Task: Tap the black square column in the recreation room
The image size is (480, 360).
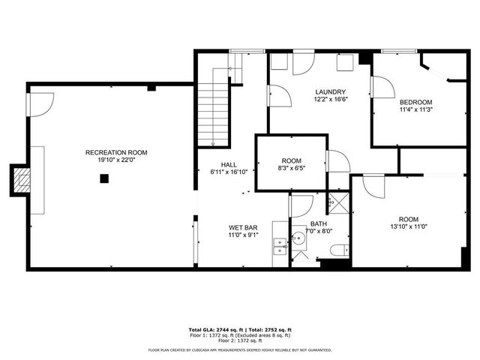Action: [x=104, y=178]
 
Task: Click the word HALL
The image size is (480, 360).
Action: [x=229, y=164]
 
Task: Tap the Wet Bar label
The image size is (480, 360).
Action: [x=244, y=226]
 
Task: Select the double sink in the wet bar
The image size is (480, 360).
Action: [x=280, y=242]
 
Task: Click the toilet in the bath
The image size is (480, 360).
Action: [x=340, y=250]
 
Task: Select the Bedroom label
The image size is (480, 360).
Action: [x=415, y=102]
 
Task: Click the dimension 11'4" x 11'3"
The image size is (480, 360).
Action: [x=415, y=110]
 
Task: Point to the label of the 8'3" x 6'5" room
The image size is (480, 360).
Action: [x=291, y=160]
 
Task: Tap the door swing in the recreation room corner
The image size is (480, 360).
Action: [x=42, y=102]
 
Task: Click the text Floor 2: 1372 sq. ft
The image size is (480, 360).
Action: [x=239, y=341]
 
